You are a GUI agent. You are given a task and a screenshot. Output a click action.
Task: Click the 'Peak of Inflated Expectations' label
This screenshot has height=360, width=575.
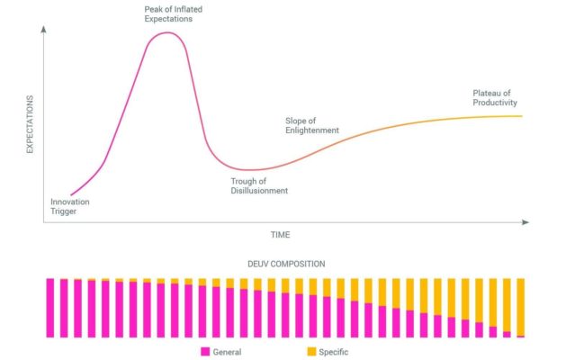[x=168, y=13]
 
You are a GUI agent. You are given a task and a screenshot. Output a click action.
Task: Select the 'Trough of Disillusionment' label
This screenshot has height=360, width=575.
[x=259, y=186]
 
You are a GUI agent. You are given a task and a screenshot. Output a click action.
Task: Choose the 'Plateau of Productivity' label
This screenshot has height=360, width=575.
[x=495, y=97]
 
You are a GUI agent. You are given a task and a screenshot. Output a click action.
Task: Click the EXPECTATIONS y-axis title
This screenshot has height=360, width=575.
[x=30, y=123]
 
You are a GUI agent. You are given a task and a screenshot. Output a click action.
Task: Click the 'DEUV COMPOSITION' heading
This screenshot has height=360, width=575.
[x=286, y=264]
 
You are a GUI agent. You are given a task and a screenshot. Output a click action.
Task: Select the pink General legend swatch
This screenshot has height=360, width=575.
[x=204, y=351]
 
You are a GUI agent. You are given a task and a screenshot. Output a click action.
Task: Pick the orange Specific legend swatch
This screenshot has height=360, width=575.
[x=311, y=351]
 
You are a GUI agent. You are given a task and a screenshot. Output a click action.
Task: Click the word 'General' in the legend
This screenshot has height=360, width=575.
[x=227, y=351]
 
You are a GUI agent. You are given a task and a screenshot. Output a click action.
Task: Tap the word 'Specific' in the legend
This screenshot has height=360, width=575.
[x=333, y=351]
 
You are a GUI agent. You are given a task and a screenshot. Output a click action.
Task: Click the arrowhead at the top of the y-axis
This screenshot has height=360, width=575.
[x=43, y=29]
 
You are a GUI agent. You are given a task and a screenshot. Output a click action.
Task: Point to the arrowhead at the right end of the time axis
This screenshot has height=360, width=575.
[x=526, y=221]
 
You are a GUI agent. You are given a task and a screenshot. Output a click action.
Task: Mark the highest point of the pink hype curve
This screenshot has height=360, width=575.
[x=166, y=32]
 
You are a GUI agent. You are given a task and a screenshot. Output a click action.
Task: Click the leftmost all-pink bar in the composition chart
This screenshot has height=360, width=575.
[x=50, y=308]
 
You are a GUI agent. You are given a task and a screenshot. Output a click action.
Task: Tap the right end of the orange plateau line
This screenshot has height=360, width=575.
[x=522, y=115]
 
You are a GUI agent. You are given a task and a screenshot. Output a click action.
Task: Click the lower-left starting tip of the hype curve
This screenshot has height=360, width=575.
[x=69, y=194]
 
